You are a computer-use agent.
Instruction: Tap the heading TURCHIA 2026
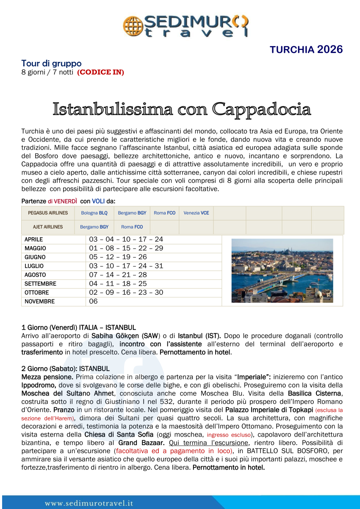[306, 50]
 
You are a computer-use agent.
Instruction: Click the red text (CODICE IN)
[100, 72]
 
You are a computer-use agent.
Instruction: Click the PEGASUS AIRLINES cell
[48, 213]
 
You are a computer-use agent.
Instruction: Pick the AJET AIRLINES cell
[48, 227]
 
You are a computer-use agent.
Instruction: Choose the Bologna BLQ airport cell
[94, 213]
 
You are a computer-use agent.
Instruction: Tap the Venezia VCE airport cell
[196, 213]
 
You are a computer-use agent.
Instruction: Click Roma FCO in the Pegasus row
[164, 213]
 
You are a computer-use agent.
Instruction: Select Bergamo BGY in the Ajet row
[94, 227]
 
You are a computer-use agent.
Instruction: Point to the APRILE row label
[34, 240]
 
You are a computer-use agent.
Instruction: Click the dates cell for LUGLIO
[126, 266]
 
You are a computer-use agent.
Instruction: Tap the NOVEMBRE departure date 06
[94, 302]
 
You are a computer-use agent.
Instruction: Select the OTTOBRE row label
[36, 293]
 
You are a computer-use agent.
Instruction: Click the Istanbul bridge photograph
[282, 271]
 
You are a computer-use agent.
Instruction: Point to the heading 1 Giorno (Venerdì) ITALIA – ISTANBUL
[78, 327]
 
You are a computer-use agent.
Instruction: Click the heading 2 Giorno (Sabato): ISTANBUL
[65, 368]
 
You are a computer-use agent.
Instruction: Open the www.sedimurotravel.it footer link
[89, 503]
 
